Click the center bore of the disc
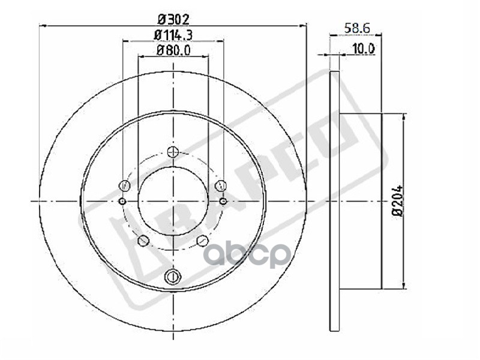[173, 201]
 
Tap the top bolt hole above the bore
[173, 152]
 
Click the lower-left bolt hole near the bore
[143, 241]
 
